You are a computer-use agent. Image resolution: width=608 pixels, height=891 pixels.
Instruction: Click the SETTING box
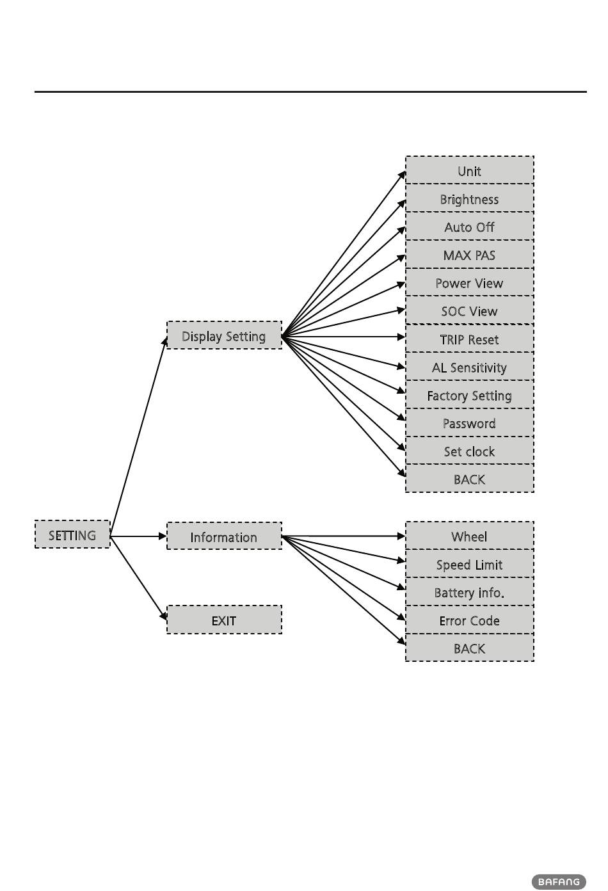tap(72, 534)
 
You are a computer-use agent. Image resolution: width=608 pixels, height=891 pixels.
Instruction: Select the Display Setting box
tap(224, 335)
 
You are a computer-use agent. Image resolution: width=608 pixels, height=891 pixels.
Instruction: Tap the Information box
tap(224, 536)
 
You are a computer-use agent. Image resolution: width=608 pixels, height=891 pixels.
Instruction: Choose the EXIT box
tap(224, 620)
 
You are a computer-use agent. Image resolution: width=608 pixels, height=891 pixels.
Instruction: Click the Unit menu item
tap(469, 170)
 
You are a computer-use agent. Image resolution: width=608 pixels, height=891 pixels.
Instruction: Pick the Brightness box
tap(469, 198)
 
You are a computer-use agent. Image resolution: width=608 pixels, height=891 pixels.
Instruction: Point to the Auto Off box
tap(469, 227)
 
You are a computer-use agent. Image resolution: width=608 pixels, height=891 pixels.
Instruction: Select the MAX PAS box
tap(469, 255)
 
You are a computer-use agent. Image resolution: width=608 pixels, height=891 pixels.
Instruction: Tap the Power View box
tap(469, 282)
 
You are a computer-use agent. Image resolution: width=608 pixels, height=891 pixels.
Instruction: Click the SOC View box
tap(469, 310)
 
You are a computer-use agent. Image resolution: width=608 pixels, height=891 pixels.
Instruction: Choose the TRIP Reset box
tap(469, 339)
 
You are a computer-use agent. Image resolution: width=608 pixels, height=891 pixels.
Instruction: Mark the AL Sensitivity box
tap(469, 367)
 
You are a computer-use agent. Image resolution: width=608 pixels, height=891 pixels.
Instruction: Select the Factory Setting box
tap(469, 395)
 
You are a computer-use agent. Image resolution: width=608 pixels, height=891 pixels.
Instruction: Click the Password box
tap(469, 423)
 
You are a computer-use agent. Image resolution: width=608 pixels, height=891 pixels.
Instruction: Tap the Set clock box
tap(469, 451)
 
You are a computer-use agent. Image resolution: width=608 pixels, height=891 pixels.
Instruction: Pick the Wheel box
tap(469, 536)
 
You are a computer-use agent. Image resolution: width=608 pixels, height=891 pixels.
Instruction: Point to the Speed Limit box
tap(469, 564)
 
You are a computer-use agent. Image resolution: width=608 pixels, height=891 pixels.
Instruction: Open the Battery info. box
tap(469, 592)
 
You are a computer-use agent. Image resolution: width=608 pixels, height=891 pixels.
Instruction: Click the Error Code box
tap(469, 620)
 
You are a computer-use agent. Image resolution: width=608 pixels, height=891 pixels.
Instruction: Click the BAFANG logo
tap(558, 881)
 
